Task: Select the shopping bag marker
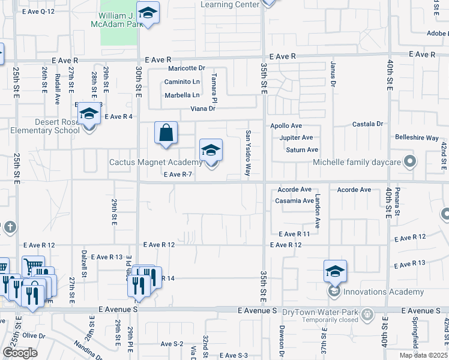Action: coord(166,133)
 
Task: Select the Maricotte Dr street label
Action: coord(187,68)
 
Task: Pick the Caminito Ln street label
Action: coord(182,82)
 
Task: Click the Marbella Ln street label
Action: coord(182,95)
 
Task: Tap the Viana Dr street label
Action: coord(203,109)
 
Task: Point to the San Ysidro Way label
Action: coord(247,154)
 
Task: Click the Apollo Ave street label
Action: coord(286,126)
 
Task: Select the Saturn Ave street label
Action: coord(302,150)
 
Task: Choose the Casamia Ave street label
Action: coord(295,201)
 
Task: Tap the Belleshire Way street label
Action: coord(417,137)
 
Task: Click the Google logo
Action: coord(20,353)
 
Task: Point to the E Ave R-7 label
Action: coord(178,175)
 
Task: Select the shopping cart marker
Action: coord(34,265)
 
